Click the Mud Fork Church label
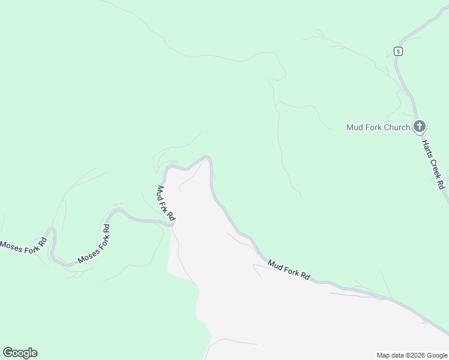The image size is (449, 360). pos(378,127)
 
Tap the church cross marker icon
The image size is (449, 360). pos(420,127)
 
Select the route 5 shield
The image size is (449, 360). pos(398,51)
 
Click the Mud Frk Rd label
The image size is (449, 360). pos(165,203)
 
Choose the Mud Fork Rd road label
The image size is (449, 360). pos(289,270)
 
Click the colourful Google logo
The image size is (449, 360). pos(20,353)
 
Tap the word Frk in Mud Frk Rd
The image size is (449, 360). pos(166,203)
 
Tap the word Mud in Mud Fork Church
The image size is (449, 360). pos(355,127)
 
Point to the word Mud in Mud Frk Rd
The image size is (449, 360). pos(160,191)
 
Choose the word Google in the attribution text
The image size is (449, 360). pos(435,355)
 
